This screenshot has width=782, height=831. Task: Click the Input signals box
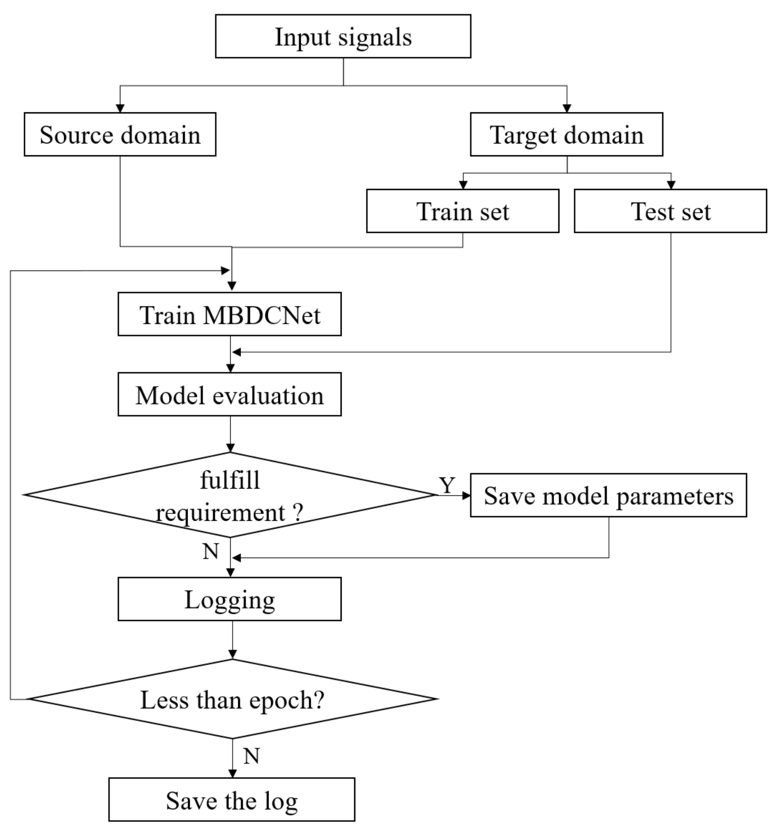(343, 36)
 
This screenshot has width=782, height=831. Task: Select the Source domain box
(120, 134)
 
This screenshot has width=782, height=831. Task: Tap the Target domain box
(566, 134)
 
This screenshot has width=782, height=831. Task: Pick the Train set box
(462, 211)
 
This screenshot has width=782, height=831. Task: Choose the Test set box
(671, 211)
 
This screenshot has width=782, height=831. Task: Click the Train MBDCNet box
(229, 314)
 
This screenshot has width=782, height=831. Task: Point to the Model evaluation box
(229, 394)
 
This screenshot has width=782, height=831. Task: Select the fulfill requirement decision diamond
(229, 495)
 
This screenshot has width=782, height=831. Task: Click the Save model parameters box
(608, 495)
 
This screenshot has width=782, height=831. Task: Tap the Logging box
(229, 599)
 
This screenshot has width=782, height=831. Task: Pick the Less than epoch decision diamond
(233, 699)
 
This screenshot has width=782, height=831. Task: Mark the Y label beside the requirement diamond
(447, 485)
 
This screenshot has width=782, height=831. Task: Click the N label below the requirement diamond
(211, 551)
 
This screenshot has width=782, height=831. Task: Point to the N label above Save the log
(251, 756)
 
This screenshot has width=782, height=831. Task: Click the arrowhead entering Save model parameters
(466, 496)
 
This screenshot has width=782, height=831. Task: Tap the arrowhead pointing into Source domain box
(120, 109)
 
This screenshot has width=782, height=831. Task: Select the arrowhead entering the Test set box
(671, 185)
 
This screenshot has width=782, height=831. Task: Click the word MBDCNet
(262, 315)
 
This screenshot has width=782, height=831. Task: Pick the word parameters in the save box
(675, 497)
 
